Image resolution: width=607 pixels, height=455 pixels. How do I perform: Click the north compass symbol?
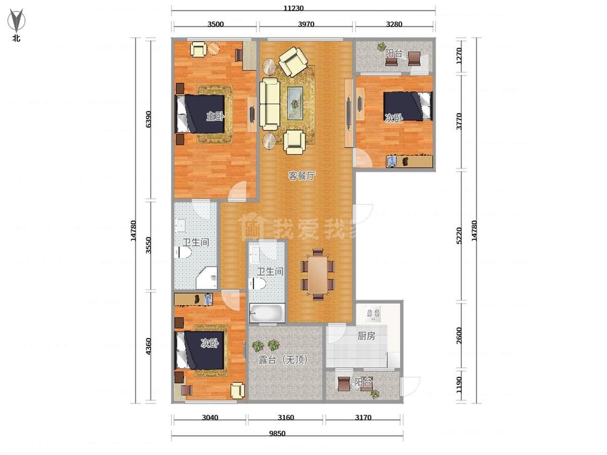click(16, 20)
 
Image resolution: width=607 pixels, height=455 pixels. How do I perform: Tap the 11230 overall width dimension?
click(294, 8)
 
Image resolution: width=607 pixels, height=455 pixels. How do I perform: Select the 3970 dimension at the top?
click(306, 24)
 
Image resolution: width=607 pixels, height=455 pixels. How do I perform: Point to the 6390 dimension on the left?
click(148, 119)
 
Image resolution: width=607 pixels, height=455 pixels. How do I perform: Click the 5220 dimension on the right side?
click(459, 235)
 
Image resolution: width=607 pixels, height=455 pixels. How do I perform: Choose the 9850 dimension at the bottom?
click(277, 433)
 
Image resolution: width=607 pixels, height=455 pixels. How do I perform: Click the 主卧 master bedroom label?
click(215, 116)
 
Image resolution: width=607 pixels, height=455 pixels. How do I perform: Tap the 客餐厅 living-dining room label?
click(302, 176)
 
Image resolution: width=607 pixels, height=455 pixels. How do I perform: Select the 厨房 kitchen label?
click(366, 336)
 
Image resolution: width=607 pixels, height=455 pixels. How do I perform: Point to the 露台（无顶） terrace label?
click(283, 360)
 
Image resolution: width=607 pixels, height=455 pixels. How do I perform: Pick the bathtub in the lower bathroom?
click(267, 313)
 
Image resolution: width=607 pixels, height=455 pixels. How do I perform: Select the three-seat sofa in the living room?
click(269, 104)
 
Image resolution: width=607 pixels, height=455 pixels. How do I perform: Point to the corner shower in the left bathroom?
click(207, 278)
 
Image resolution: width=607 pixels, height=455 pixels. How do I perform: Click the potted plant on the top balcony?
click(381, 46)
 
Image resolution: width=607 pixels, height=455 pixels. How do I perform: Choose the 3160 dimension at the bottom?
click(285, 417)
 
